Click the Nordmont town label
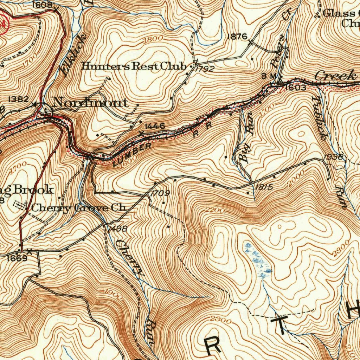point(91,103)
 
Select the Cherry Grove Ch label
point(78,207)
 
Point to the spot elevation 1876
point(238,36)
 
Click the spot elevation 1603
point(295,88)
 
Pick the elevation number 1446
point(155,126)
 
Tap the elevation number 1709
point(160,193)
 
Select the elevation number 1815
point(264,187)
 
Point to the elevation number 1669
point(17,258)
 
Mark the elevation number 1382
point(18,99)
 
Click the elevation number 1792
point(205,69)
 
